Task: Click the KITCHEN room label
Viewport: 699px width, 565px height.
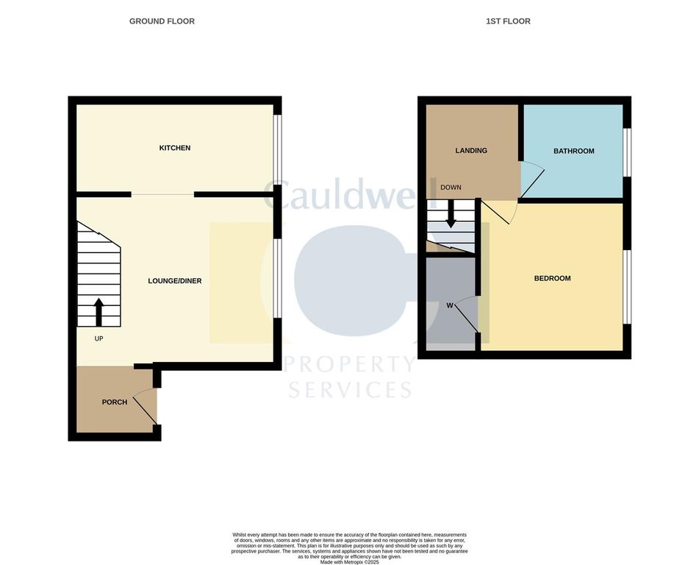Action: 175,148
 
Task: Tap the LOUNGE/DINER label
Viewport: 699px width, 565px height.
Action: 175,281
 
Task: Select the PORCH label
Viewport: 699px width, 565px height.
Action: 115,402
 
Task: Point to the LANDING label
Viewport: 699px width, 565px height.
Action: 471,151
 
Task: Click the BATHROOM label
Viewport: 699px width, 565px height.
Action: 574,151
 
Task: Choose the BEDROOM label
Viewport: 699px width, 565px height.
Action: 552,278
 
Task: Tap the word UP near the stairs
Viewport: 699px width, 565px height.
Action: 99,339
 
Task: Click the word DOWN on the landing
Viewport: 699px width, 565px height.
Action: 451,188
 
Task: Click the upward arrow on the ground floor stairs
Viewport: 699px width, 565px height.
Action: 99,312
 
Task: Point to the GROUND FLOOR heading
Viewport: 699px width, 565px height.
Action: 162,21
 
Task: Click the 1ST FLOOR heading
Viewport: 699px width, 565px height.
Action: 508,21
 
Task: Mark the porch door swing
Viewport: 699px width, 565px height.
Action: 148,405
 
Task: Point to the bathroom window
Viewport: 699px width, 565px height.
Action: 627,152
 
